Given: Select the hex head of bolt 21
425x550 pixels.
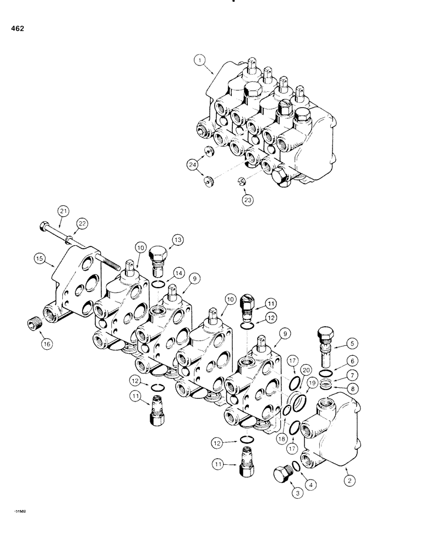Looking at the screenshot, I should (42, 226).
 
